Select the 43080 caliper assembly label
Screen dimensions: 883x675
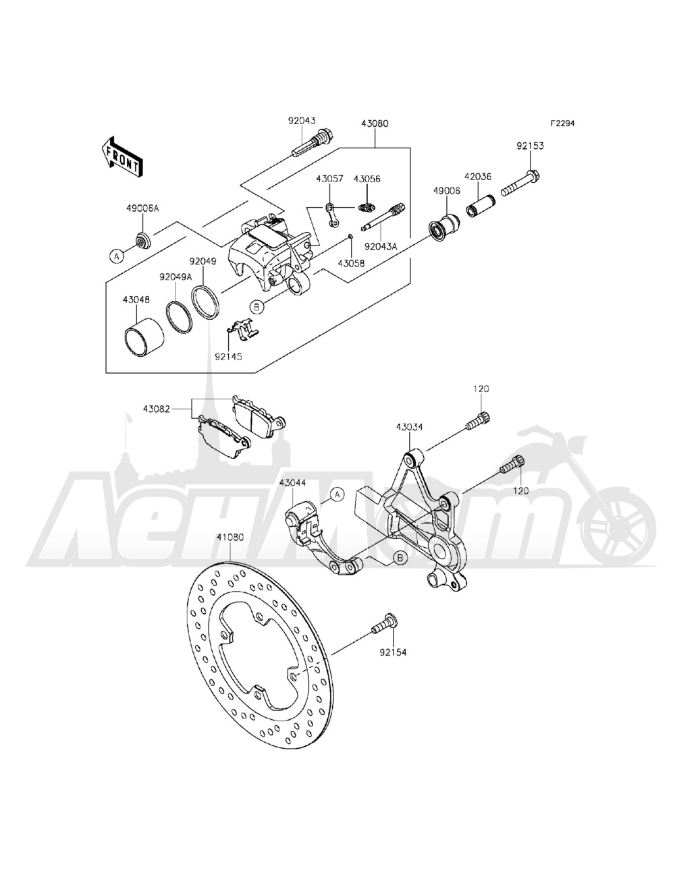tap(375, 124)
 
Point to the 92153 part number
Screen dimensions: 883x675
tap(531, 145)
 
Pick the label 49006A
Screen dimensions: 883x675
tap(142, 208)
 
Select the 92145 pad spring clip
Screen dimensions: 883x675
tap(242, 329)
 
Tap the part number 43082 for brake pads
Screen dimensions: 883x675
tap(156, 408)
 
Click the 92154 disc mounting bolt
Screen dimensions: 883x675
tap(385, 625)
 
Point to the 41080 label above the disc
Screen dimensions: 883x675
tap(230, 538)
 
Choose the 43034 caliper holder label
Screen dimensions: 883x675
tap(410, 426)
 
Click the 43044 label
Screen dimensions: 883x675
tap(294, 482)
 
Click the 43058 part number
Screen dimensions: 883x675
tap(352, 263)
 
